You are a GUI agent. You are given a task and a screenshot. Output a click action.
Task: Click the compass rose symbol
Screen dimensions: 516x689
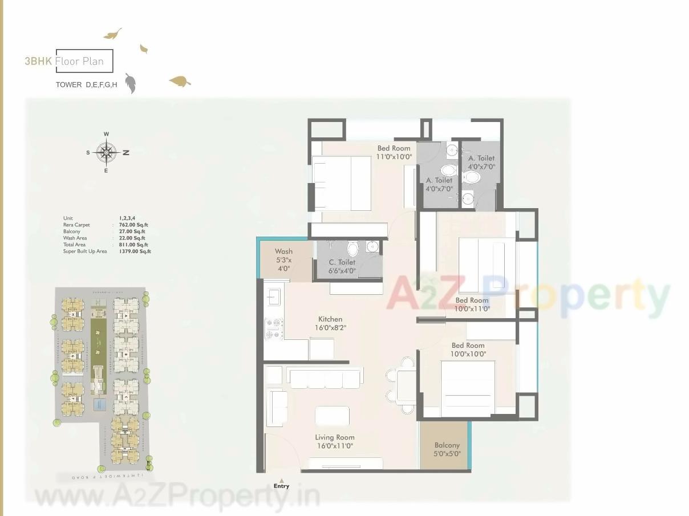coord(106,152)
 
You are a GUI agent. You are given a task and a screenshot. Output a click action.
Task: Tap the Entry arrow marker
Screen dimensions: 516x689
coord(281,480)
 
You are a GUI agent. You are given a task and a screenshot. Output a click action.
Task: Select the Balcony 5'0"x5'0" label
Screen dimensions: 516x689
coord(447,449)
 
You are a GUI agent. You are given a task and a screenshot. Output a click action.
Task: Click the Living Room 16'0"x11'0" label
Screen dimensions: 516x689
coord(334,441)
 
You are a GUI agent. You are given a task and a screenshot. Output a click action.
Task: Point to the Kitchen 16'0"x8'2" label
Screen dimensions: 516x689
coord(330,323)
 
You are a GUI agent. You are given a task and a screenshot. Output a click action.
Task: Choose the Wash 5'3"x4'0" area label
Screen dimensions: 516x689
coord(283,259)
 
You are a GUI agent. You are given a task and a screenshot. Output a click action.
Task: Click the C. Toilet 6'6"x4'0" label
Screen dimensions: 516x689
coord(342,266)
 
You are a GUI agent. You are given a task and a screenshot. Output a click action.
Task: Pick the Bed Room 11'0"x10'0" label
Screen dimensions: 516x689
coord(394,152)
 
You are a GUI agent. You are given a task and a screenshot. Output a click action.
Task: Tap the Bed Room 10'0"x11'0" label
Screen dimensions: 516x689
coord(472,304)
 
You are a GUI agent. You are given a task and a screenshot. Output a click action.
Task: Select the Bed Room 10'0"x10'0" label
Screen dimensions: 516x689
coord(468,349)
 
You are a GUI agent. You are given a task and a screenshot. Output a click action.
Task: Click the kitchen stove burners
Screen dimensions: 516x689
coord(274,328)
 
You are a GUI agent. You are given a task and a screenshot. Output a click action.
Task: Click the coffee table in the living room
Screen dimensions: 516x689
coord(332,416)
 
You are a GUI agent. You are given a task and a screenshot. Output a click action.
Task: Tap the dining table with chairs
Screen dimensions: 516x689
coord(406,385)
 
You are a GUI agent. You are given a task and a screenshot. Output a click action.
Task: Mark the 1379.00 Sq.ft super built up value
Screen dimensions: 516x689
coord(135,251)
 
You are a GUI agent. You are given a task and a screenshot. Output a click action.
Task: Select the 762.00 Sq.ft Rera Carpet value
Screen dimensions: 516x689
coord(132,225)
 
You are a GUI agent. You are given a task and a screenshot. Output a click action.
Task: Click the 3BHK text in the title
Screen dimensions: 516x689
coord(38,61)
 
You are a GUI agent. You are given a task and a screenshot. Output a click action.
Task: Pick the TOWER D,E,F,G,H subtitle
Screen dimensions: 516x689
coord(86,85)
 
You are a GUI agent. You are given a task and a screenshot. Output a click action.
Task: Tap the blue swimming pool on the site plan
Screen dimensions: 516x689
coord(99,404)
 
